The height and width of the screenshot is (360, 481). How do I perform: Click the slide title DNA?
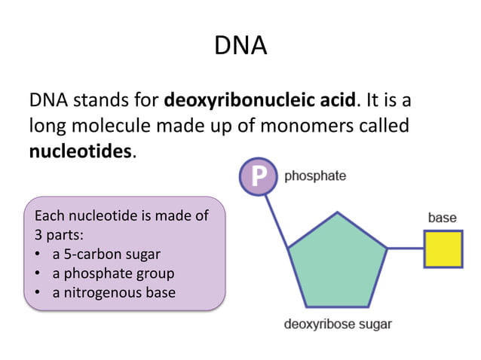pyautogui.click(x=240, y=46)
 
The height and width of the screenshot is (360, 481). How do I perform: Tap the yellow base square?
pyautogui.click(x=443, y=249)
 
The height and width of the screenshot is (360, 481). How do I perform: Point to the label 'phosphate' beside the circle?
pyautogui.click(x=315, y=176)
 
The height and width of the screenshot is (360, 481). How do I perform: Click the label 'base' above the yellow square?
pyautogui.click(x=442, y=218)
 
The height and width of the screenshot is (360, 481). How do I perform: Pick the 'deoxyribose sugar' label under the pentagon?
pyautogui.click(x=338, y=325)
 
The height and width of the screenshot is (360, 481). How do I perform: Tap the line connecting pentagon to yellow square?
pyautogui.click(x=405, y=249)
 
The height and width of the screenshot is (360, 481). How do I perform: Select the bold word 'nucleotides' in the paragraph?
pyautogui.click(x=81, y=151)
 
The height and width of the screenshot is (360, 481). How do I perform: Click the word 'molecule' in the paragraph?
pyautogui.click(x=112, y=125)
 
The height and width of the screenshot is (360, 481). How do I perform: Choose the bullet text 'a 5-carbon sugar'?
pyautogui.click(x=106, y=254)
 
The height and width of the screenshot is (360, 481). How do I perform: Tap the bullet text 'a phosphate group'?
pyautogui.click(x=113, y=273)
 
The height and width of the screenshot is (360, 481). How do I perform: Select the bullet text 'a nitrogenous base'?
pyautogui.click(x=114, y=291)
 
